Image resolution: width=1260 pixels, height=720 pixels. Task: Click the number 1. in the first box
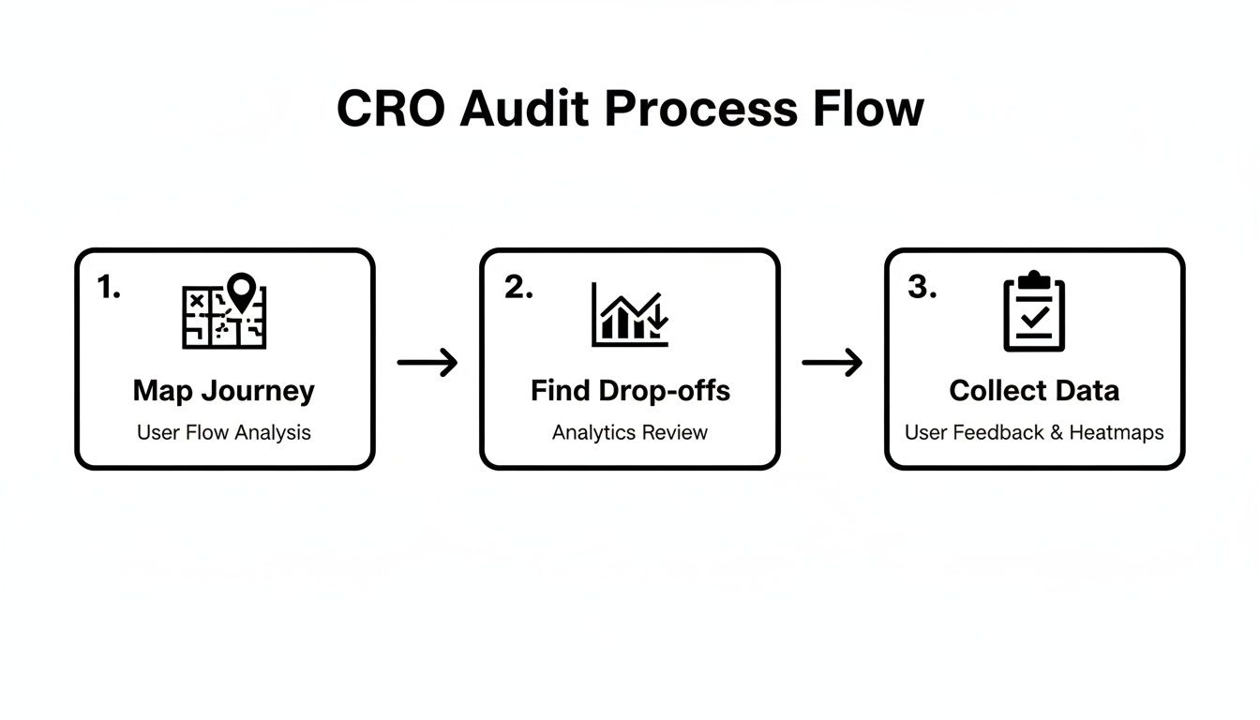109,289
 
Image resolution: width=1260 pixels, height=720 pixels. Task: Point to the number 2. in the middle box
518,289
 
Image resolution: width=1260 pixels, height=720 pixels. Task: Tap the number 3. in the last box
922,289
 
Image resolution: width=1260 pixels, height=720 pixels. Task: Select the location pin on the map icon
242,292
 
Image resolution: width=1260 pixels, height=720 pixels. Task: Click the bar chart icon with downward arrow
630,314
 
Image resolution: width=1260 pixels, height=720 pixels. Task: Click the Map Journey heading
224,391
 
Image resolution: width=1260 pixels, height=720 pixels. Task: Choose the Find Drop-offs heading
630,391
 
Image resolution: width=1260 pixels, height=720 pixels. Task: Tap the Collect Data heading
1034,391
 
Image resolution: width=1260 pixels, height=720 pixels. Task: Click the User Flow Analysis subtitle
224,433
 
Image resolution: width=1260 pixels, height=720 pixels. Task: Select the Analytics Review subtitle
630,433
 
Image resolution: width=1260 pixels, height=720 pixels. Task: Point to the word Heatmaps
1117,433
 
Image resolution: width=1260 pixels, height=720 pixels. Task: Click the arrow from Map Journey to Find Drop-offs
427,362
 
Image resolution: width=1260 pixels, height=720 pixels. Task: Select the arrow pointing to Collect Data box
832,362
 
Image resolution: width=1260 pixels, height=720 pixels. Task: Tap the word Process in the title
699,109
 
